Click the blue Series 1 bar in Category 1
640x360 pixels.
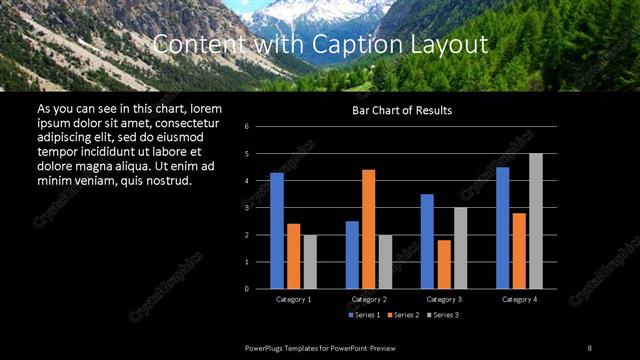pyautogui.click(x=277, y=231)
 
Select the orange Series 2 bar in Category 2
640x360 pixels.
pyautogui.click(x=369, y=229)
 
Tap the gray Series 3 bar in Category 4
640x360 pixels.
pyautogui.click(x=536, y=221)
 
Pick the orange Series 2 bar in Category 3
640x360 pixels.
pyautogui.click(x=444, y=264)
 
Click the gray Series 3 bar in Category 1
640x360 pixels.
pyautogui.click(x=310, y=262)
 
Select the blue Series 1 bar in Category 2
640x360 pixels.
pyautogui.click(x=352, y=255)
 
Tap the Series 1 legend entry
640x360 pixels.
pyautogui.click(x=365, y=315)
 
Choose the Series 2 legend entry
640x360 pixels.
pyautogui.click(x=403, y=315)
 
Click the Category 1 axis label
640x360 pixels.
pyautogui.click(x=294, y=299)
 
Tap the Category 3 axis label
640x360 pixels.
pyautogui.click(x=444, y=299)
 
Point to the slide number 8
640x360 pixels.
pyautogui.click(x=589, y=347)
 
